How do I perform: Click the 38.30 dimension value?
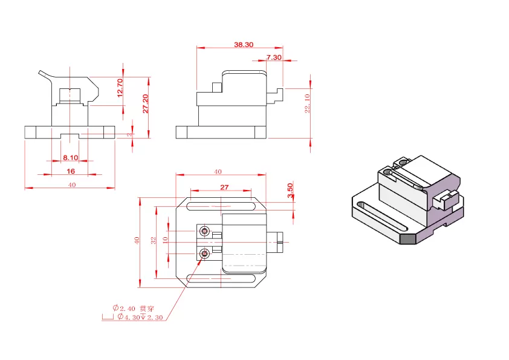[x=244, y=45]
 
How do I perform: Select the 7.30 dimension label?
[x=274, y=57]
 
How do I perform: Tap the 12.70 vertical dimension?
[x=120, y=88]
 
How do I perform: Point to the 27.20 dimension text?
[x=146, y=104]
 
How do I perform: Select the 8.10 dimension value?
[x=71, y=158]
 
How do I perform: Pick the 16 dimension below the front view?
[x=71, y=171]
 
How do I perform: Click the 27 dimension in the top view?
[x=224, y=187]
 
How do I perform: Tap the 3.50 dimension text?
[x=290, y=191]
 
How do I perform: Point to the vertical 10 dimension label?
[x=165, y=240]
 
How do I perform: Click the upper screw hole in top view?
[x=206, y=231]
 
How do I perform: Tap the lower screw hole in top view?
[x=206, y=252]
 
